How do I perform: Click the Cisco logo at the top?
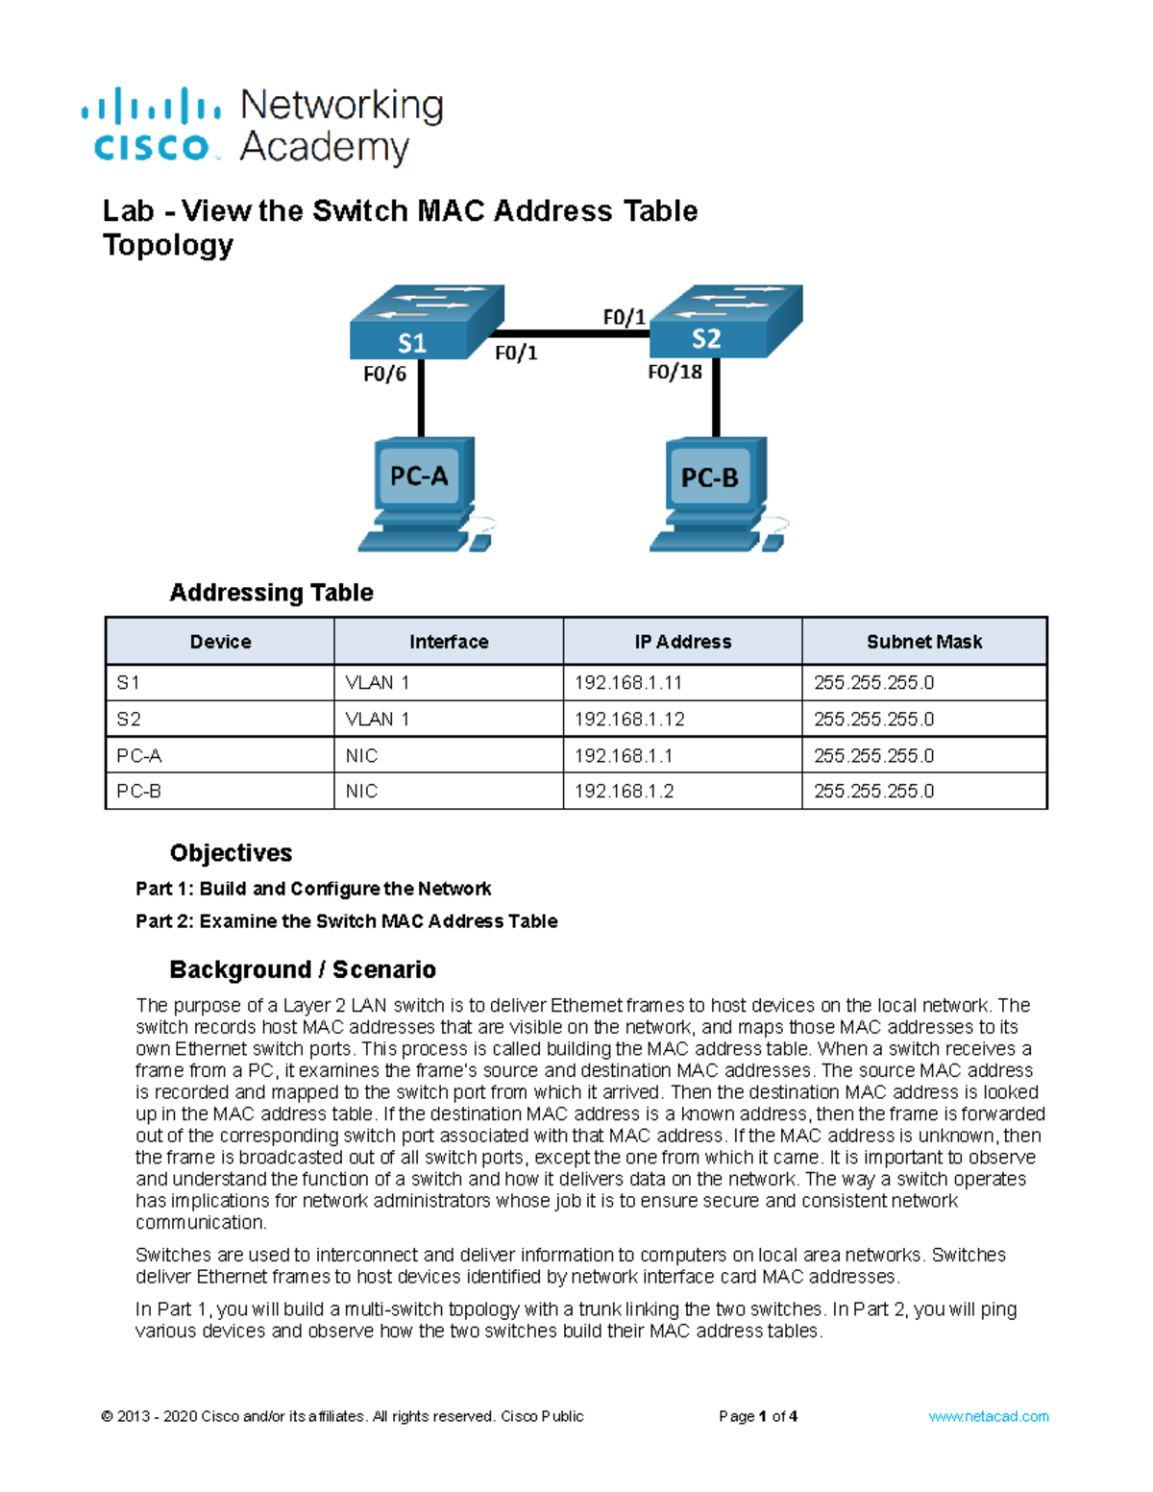152,126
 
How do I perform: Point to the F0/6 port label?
384,375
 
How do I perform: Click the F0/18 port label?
675,373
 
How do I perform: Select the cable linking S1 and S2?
576,333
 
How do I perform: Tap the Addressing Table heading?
271,593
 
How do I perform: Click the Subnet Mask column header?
923,642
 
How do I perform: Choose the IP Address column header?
682,642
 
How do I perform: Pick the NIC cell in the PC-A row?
361,756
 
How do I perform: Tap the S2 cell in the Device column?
129,720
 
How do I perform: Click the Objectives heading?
231,853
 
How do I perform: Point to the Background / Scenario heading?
302,969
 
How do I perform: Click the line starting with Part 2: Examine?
346,921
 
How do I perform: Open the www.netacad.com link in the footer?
988,1416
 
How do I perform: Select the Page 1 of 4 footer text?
757,1416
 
